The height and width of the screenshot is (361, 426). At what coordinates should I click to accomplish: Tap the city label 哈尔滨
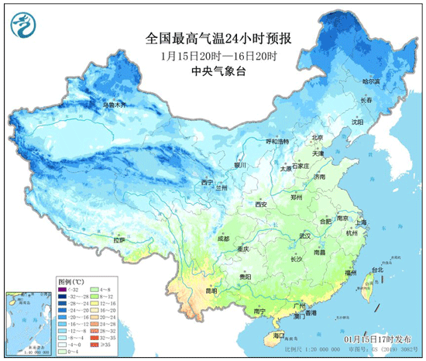point(373,81)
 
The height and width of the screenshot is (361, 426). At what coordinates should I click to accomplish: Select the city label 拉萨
point(119,240)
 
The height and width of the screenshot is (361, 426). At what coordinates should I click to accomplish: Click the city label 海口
point(280,335)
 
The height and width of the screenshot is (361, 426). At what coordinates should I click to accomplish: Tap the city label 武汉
point(305,235)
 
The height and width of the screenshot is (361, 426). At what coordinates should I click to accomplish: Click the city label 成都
point(224,239)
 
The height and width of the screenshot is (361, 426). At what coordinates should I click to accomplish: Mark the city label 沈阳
point(356,122)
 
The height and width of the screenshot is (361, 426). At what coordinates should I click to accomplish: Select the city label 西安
point(261,205)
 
